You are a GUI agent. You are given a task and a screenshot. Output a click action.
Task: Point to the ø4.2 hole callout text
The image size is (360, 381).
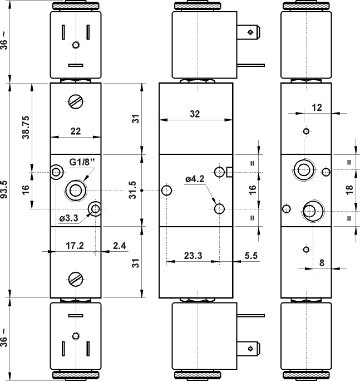coord(195,179)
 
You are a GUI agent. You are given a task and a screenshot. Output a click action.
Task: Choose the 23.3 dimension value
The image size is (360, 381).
coord(193,257)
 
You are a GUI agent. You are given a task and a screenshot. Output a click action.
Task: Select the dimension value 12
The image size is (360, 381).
coord(317,108)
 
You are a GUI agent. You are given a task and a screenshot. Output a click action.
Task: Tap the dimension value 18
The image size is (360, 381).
coord(349,189)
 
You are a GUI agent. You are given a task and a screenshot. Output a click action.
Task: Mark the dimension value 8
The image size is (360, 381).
coord(322,263)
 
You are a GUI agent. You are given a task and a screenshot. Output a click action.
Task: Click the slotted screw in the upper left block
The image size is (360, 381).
coord(76,102)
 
